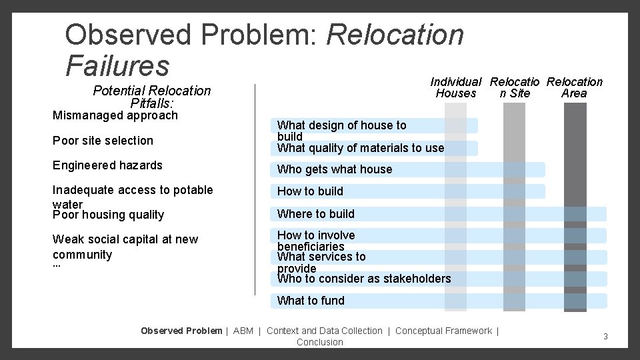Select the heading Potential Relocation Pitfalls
151,97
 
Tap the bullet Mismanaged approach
115,115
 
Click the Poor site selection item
103,141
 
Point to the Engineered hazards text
107,165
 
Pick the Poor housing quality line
108,215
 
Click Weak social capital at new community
125,247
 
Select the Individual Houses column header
455,87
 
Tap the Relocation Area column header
574,87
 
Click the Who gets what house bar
335,169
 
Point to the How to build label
310,191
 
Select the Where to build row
316,214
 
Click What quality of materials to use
360,148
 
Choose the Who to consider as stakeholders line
364,279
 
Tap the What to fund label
311,301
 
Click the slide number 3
605,337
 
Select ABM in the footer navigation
243,331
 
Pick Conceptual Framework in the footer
443,331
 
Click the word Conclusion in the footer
319,342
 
